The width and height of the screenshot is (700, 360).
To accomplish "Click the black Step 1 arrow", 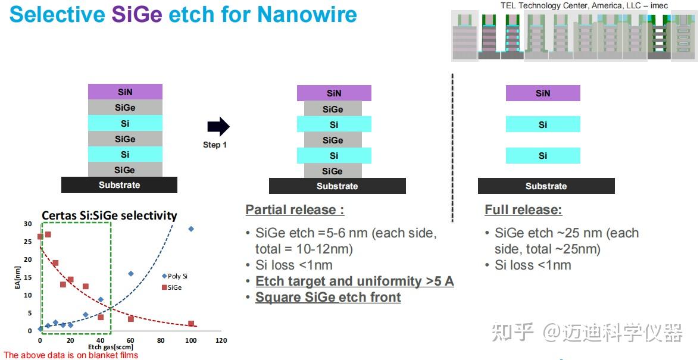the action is (x=218, y=127).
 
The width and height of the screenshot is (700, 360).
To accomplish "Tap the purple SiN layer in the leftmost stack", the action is (x=125, y=92).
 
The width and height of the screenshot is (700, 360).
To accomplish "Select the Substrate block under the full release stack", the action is (x=546, y=186).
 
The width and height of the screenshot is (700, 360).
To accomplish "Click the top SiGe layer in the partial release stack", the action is (x=333, y=109).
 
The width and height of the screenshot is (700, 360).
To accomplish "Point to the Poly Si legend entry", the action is (x=174, y=276).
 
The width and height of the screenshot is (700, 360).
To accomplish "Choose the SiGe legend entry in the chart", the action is (x=172, y=287).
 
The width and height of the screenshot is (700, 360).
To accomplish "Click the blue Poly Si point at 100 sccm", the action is (x=191, y=229).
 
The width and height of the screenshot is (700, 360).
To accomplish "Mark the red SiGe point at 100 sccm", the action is (x=191, y=324).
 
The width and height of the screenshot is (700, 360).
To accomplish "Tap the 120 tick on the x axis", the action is (x=221, y=340).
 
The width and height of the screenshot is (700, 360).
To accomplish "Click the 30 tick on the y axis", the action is (x=27, y=224).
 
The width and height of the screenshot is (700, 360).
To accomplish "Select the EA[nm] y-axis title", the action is (x=17, y=277).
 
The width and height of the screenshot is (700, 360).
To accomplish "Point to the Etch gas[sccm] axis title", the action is (x=110, y=347).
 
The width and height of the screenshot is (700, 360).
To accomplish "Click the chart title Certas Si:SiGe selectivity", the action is (x=110, y=215).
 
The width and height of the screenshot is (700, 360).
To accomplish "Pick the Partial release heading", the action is (x=295, y=209).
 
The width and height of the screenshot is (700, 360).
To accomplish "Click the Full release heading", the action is (x=523, y=209).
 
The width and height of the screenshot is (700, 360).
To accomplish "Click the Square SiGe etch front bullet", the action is (x=328, y=297).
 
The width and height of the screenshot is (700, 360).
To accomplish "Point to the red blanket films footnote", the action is (x=71, y=355).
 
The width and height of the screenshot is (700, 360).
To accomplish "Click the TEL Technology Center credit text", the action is (x=585, y=6).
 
